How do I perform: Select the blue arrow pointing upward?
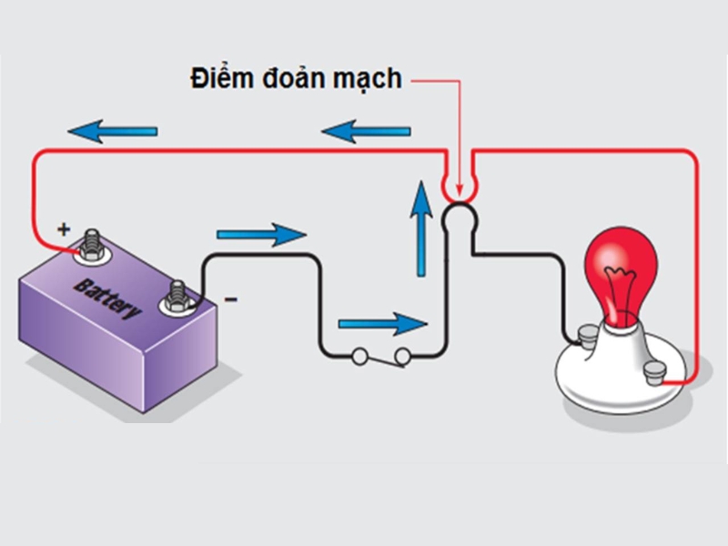point(420,227)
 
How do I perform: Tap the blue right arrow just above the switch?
point(382,323)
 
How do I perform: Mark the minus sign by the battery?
point(230,299)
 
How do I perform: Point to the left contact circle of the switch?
point(360,357)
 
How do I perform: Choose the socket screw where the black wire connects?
point(583,338)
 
